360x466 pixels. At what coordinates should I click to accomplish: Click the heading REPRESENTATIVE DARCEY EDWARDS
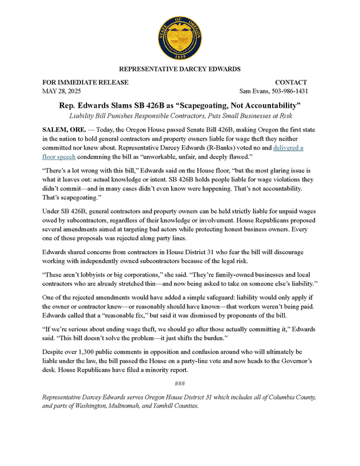(179, 69)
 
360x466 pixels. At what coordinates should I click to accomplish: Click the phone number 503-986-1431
(298, 91)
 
